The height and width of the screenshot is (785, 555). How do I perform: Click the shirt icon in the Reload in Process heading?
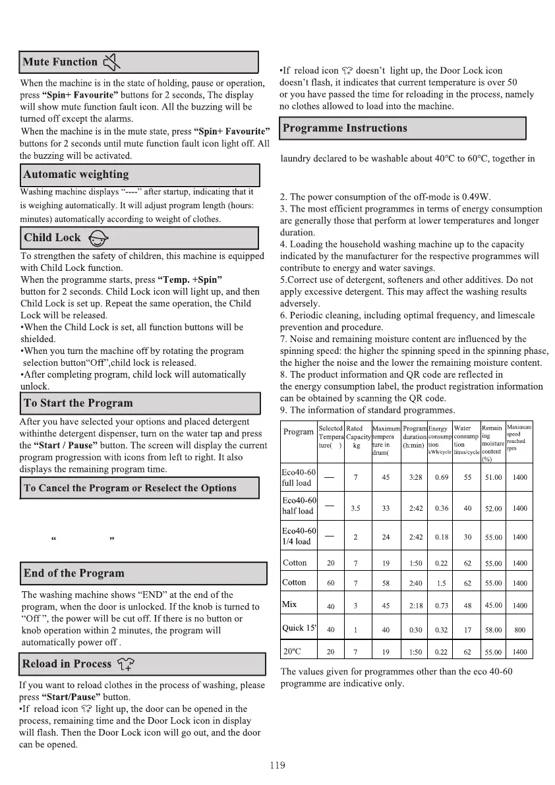pyautogui.click(x=125, y=664)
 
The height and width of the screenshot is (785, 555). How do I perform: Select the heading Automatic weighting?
pyautogui.click(x=76, y=175)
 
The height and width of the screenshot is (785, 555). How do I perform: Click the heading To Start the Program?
pyautogui.click(x=78, y=403)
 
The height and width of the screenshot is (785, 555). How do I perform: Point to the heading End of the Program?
pyautogui.click(x=74, y=573)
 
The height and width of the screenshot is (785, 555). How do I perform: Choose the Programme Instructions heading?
pyautogui.click(x=345, y=128)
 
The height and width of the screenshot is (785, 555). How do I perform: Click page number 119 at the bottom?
pyautogui.click(x=277, y=765)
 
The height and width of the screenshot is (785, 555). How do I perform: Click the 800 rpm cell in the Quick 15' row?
pyautogui.click(x=519, y=629)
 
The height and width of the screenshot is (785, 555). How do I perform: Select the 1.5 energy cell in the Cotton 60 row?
pyautogui.click(x=440, y=583)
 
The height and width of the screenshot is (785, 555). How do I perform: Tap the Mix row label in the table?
pyautogui.click(x=289, y=604)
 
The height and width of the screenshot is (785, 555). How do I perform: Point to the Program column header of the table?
pyautogui.click(x=298, y=432)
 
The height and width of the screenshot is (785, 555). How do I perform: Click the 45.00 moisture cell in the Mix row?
pyautogui.click(x=493, y=605)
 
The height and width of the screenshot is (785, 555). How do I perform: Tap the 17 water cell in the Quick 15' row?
pyautogui.click(x=467, y=629)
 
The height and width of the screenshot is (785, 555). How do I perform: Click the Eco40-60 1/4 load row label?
pyautogui.click(x=298, y=536)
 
